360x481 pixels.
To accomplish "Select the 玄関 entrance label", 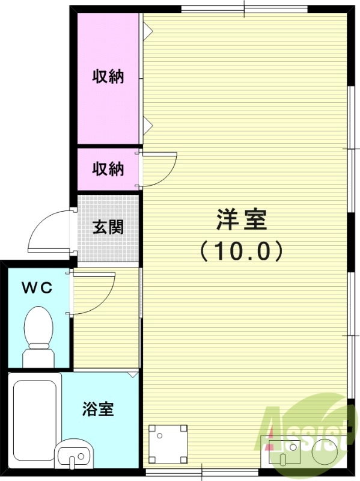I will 108,227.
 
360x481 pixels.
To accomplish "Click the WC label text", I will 37,287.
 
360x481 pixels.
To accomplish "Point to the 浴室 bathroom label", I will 98,410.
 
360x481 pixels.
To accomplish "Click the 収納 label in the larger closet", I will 108,76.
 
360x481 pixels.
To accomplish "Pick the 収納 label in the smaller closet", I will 108,169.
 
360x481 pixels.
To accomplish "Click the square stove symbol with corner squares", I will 168,444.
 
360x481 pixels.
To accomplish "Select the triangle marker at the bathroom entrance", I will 133,375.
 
